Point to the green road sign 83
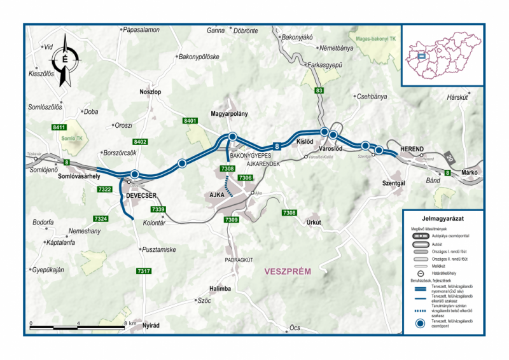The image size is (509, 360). click(x=319, y=92)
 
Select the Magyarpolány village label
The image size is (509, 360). click(x=229, y=114)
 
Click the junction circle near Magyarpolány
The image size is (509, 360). click(x=233, y=137)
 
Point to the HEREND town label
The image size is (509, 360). click(x=412, y=149)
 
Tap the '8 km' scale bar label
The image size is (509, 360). click(x=130, y=323)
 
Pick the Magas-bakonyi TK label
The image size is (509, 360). click(x=375, y=39)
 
